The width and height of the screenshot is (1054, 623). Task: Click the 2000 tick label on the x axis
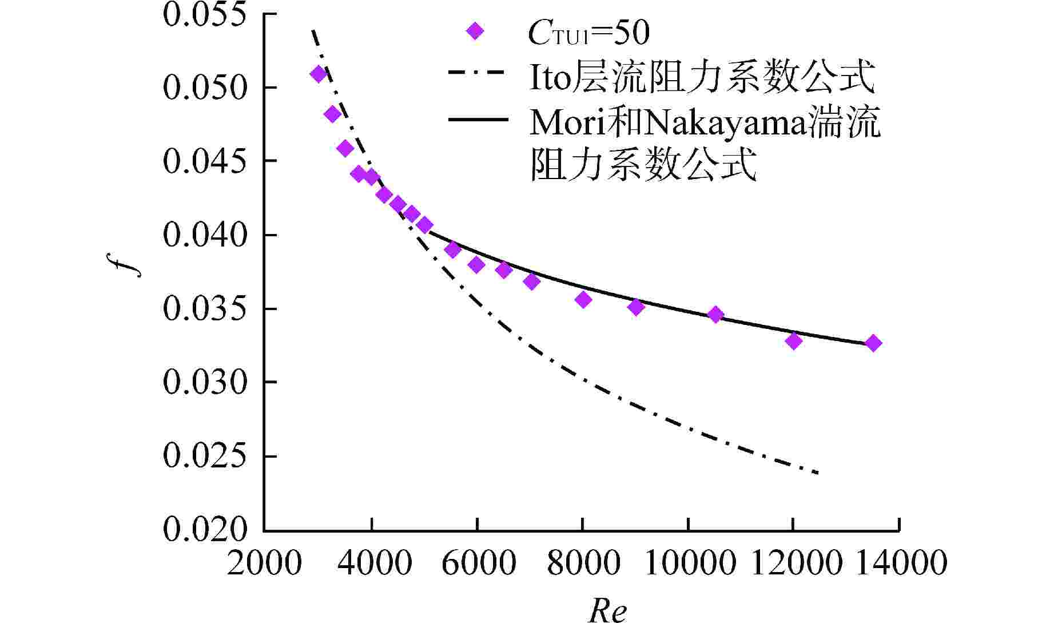tap(264, 563)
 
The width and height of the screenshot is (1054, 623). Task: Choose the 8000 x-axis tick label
tap(583, 563)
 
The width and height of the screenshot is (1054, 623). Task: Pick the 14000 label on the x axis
tap(900, 563)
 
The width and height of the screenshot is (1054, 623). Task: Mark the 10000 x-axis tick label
tap(689, 563)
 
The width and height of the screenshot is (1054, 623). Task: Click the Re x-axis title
tap(607, 610)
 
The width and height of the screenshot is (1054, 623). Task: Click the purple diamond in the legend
tap(475, 31)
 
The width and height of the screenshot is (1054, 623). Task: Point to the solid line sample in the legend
tap(478, 119)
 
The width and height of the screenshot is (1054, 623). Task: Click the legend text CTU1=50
tap(588, 33)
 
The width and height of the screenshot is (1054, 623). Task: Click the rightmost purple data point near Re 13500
tap(873, 343)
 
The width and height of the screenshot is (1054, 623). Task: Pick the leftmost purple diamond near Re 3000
tap(319, 74)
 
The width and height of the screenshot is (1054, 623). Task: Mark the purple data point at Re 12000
tap(793, 341)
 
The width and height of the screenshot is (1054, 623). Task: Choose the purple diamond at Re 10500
tap(715, 314)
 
